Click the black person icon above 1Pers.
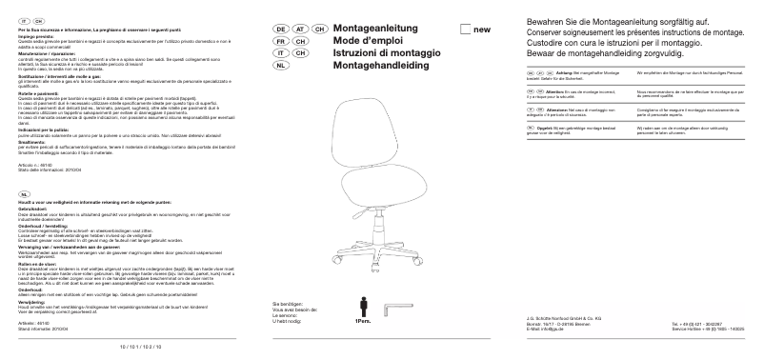click(x=364, y=308)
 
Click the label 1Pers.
click(x=363, y=323)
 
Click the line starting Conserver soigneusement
click(x=628, y=32)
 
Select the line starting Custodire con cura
click(x=611, y=43)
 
